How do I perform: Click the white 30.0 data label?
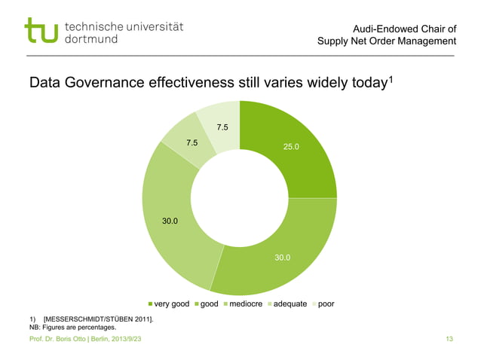(283, 258)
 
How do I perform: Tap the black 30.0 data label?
(170, 221)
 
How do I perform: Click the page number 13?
(449, 342)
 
